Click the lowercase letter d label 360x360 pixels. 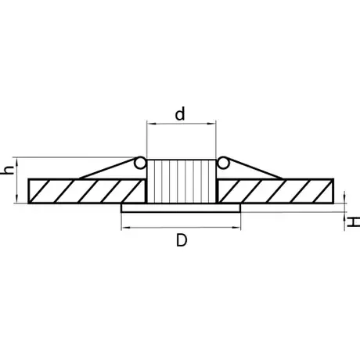pos(180,113)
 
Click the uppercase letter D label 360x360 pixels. pos(182,240)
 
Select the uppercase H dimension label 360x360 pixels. pos(354,222)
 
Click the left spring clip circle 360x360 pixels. pos(140,163)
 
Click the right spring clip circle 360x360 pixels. pos(223,163)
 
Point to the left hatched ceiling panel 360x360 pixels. pos(87,191)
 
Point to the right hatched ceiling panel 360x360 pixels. pos(275,191)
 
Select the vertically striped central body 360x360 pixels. pos(182,181)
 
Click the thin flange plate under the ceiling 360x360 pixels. pos(181,208)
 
